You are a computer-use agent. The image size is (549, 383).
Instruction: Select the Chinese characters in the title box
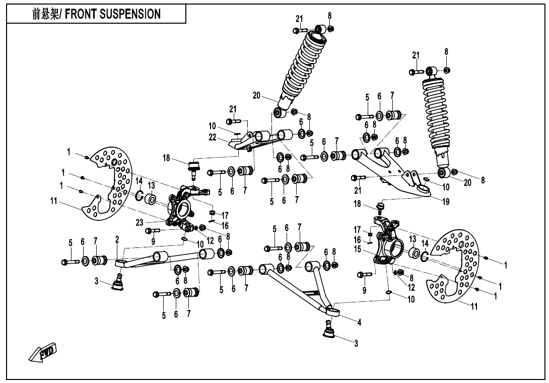[43, 14]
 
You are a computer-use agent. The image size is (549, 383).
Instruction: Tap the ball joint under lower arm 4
[330, 331]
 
